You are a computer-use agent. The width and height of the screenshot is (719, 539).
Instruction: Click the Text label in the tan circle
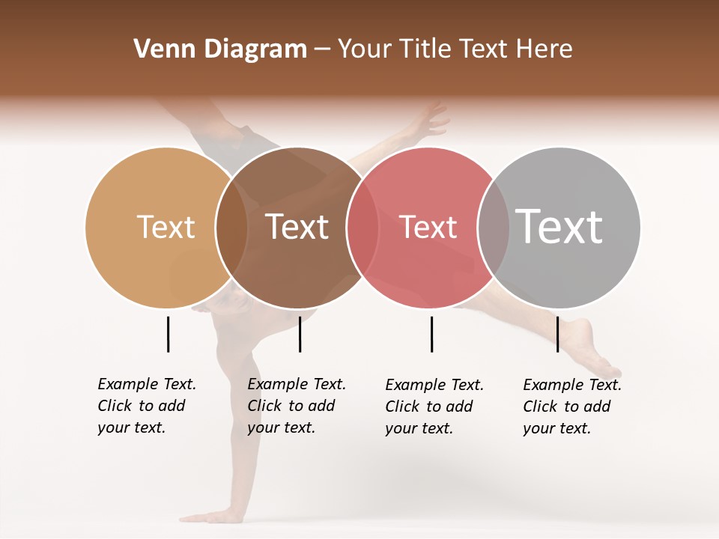pyautogui.click(x=166, y=227)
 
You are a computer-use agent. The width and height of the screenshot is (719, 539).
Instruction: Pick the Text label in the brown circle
pyautogui.click(x=297, y=227)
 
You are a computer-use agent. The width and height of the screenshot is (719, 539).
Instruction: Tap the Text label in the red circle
pyautogui.click(x=428, y=227)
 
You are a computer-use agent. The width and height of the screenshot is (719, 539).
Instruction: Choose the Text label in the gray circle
pyautogui.click(x=559, y=227)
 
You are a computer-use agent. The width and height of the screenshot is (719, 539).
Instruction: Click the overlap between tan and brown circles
pyautogui.click(x=231, y=227)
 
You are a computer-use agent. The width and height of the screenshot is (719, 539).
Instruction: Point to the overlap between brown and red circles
pyautogui.click(x=362, y=227)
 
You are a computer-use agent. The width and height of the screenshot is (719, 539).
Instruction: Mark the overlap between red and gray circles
pyautogui.click(x=494, y=227)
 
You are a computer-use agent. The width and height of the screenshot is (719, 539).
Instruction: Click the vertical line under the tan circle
pyautogui.click(x=168, y=334)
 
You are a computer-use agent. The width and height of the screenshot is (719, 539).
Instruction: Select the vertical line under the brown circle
pyautogui.click(x=300, y=334)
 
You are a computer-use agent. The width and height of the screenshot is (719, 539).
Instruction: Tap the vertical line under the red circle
pyautogui.click(x=431, y=334)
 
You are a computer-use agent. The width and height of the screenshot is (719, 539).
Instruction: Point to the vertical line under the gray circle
pyautogui.click(x=557, y=334)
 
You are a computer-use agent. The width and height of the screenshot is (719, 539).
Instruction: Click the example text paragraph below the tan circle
pyautogui.click(x=146, y=406)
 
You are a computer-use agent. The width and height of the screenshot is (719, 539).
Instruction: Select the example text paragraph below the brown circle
pyautogui.click(x=296, y=406)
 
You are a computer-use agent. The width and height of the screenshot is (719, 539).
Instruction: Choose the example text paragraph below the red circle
pyautogui.click(x=434, y=406)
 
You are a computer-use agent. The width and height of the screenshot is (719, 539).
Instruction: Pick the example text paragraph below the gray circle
pyautogui.click(x=571, y=406)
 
